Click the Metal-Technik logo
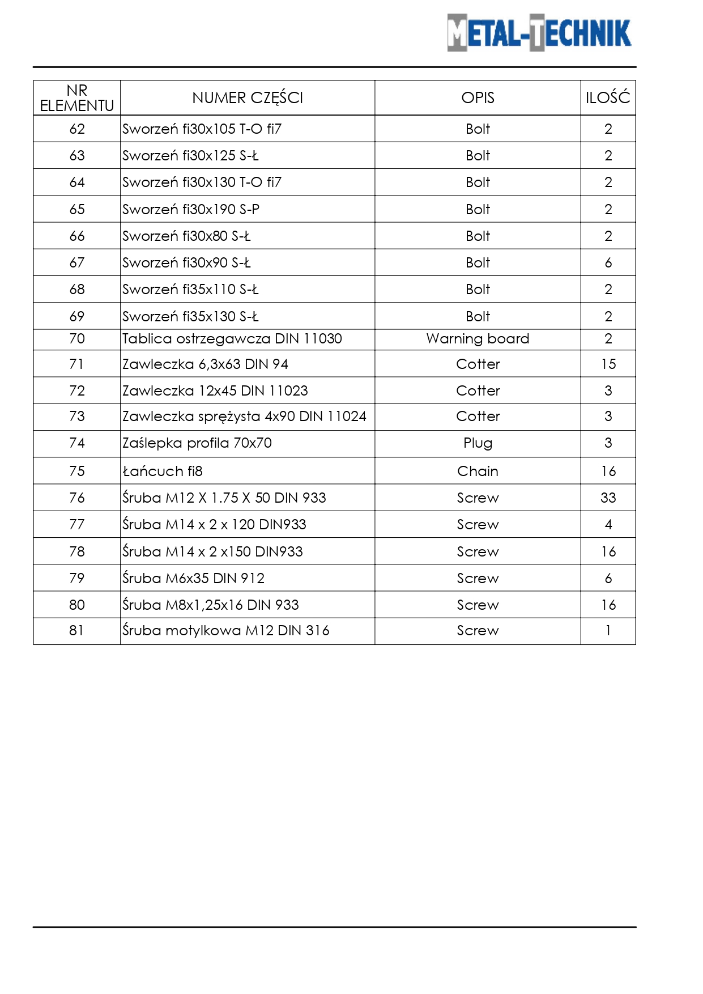(x=539, y=33)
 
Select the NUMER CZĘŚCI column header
(x=248, y=98)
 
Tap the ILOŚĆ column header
(x=608, y=98)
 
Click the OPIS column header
(x=478, y=98)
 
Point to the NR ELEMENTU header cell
(x=77, y=98)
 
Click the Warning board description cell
(x=478, y=339)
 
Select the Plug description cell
(x=478, y=443)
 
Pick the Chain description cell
(x=478, y=471)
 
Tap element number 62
(x=77, y=129)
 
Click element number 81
(x=77, y=631)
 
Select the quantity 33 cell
(x=608, y=498)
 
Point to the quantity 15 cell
(x=608, y=364)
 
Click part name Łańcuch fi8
(x=163, y=471)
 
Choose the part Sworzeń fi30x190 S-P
(x=191, y=210)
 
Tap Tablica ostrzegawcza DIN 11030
(x=232, y=339)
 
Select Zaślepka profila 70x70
(x=197, y=443)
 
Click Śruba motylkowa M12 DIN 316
(x=226, y=631)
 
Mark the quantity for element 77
(x=608, y=525)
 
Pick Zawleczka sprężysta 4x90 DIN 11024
(x=244, y=417)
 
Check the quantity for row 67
(x=608, y=263)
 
